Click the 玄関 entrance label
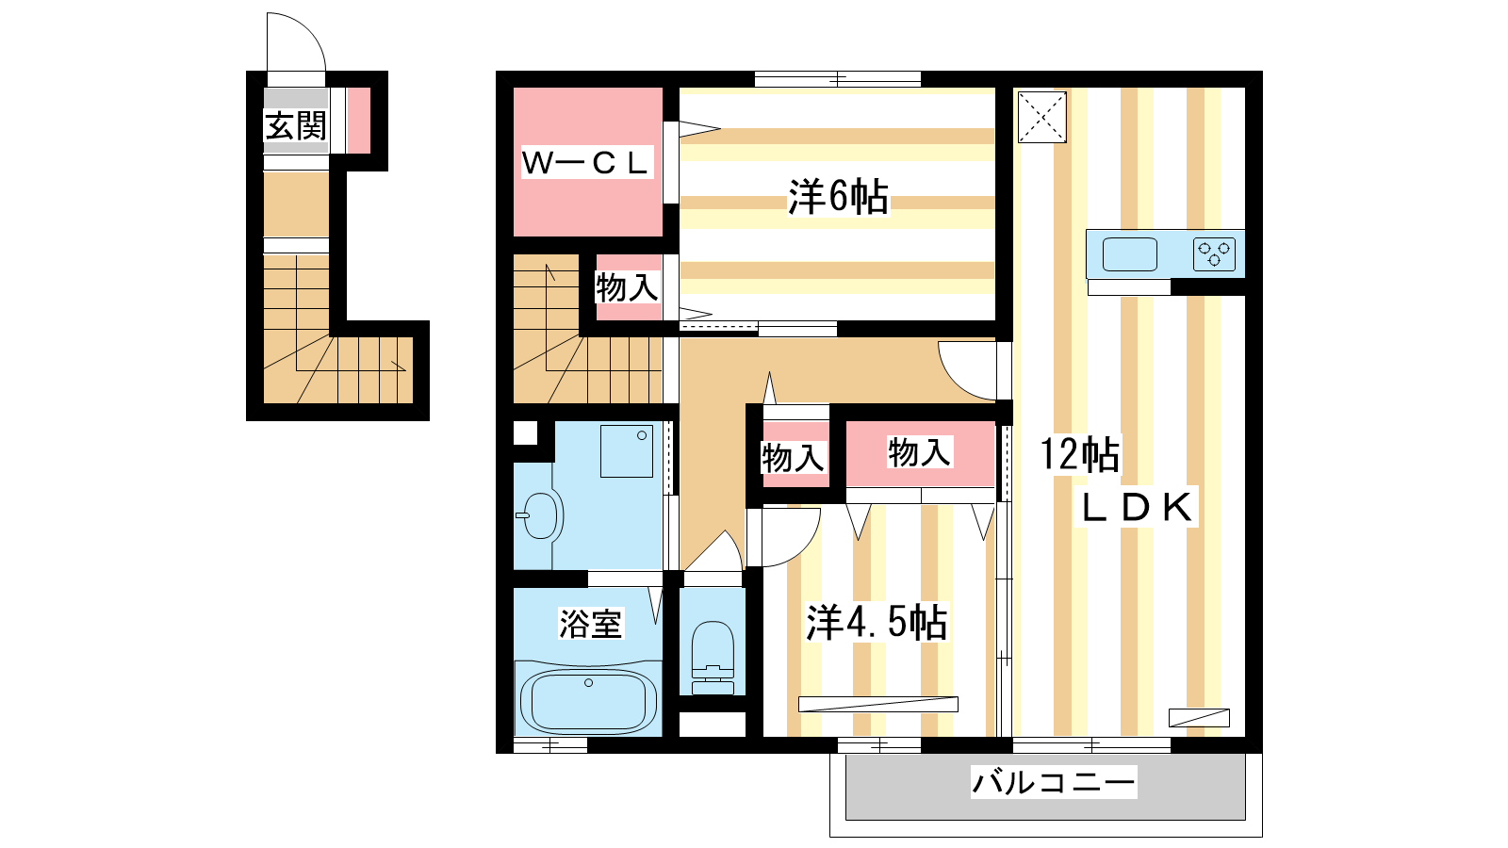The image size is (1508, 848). click(296, 126)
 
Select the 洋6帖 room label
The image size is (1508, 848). click(838, 197)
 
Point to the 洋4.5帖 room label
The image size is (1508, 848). click(877, 623)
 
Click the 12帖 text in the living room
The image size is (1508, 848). click(1080, 454)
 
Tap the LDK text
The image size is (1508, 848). click(1137, 508)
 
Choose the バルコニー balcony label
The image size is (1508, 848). click(1054, 782)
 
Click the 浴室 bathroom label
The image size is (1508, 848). click(590, 623)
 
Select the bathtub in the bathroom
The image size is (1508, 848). click(588, 700)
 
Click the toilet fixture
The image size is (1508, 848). click(713, 658)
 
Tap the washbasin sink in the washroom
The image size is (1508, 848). click(541, 515)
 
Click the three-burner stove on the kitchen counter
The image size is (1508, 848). click(1214, 254)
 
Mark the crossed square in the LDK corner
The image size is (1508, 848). click(1042, 117)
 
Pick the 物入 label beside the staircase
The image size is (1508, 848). click(626, 287)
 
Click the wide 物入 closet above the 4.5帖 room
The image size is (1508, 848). click(920, 452)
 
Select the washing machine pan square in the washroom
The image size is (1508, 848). click(627, 451)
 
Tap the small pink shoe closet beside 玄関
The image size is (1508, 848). click(358, 121)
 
